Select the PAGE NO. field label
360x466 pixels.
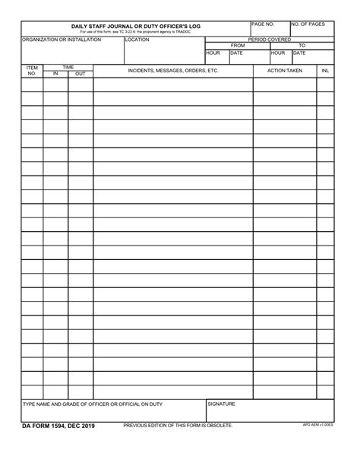pyautogui.click(x=263, y=24)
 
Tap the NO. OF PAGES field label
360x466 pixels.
pyautogui.click(x=308, y=24)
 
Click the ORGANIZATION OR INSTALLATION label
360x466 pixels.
pyautogui.click(x=62, y=40)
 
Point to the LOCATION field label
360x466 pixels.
pyautogui.click(x=137, y=40)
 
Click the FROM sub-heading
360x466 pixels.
pyautogui.click(x=237, y=46)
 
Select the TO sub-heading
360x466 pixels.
pyautogui.click(x=302, y=46)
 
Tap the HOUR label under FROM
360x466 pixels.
pyautogui.click(x=213, y=52)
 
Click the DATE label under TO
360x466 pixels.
pyautogui.click(x=299, y=52)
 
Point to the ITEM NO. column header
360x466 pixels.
pyautogui.click(x=32, y=71)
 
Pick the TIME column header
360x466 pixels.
pyautogui.click(x=68, y=67)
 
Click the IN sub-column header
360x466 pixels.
pyautogui.click(x=55, y=74)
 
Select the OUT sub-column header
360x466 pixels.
pyautogui.click(x=80, y=74)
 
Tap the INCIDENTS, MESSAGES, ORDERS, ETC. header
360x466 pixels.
pyautogui.click(x=173, y=70)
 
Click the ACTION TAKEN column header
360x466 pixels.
pyautogui.click(x=285, y=70)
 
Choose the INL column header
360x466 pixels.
pyautogui.click(x=325, y=70)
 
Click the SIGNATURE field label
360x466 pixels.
pyautogui.click(x=221, y=404)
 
